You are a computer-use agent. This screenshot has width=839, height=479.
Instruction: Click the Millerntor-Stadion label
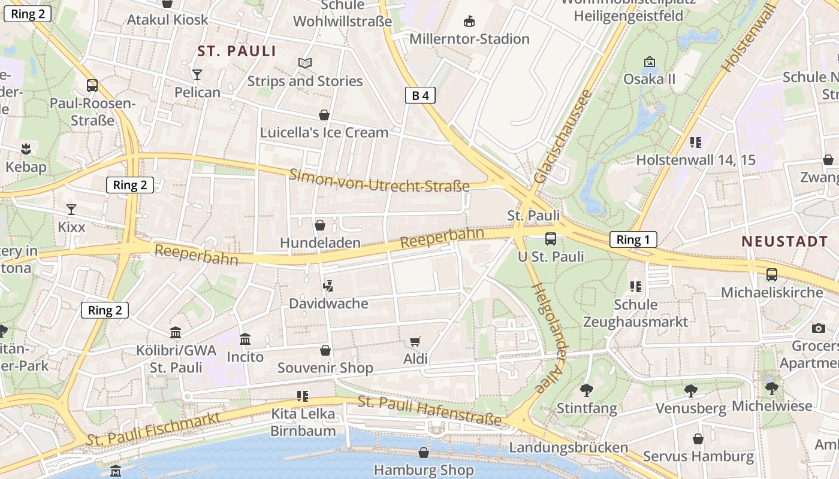point(469,39)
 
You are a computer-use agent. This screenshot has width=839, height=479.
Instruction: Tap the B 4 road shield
point(419,95)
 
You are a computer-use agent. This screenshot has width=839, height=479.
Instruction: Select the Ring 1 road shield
point(633,240)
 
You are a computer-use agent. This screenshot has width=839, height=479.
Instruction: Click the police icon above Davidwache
point(328,286)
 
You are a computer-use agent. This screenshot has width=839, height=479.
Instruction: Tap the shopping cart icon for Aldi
point(415,342)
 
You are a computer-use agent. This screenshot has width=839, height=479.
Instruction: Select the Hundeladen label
point(320,242)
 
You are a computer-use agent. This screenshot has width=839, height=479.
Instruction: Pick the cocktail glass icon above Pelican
point(197,75)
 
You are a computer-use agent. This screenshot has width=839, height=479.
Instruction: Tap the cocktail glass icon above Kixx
point(71,210)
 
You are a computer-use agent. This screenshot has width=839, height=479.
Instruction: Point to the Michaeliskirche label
point(771,292)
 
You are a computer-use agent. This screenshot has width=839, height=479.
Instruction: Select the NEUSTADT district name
point(784,241)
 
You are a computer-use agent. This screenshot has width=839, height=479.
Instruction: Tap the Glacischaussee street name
point(562,137)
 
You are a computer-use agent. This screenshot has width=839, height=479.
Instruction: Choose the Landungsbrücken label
point(568,447)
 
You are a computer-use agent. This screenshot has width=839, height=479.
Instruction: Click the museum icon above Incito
point(245,340)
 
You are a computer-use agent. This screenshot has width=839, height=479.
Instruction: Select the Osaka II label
point(649,79)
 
